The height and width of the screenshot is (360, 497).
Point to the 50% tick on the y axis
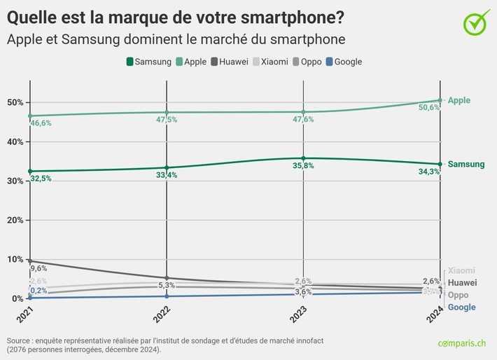tap(15, 102)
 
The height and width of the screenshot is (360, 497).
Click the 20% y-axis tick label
tap(15, 220)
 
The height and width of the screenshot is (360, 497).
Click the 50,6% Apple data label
tap(428, 107)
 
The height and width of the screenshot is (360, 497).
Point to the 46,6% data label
tap(41, 123)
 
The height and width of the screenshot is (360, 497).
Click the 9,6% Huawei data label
tap(38, 268)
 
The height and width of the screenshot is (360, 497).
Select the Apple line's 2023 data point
tap(303, 112)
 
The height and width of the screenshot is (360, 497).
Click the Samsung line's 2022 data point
tap(167, 167)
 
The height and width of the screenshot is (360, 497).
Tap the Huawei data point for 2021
tap(30, 261)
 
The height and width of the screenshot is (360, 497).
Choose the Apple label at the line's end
tap(458, 100)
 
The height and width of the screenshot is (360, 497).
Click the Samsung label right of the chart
tap(465, 165)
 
